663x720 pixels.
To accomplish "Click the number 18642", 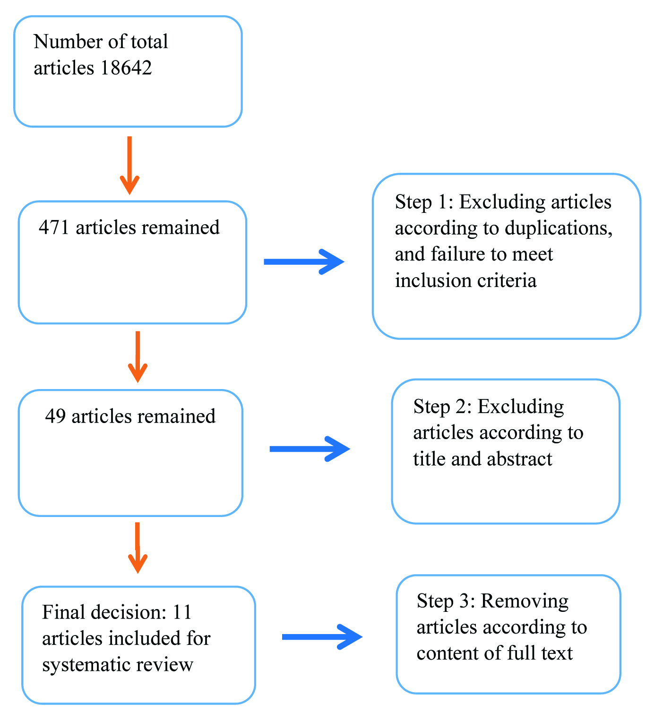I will click(x=126, y=68).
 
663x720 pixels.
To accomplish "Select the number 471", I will click(x=54, y=228).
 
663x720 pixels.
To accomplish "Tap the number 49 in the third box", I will click(x=55, y=416).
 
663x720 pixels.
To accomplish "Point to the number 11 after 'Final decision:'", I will click(x=182, y=612).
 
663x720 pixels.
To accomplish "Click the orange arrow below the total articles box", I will click(x=129, y=165).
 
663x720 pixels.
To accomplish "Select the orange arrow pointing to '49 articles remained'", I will click(x=138, y=356).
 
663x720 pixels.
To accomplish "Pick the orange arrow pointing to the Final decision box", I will click(x=138, y=548).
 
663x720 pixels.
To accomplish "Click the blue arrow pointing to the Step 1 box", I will click(x=304, y=262).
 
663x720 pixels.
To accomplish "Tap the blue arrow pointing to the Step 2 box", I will click(x=310, y=449).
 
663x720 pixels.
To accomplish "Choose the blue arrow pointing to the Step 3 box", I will click(x=322, y=637).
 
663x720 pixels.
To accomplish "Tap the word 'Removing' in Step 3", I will click(x=525, y=601).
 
